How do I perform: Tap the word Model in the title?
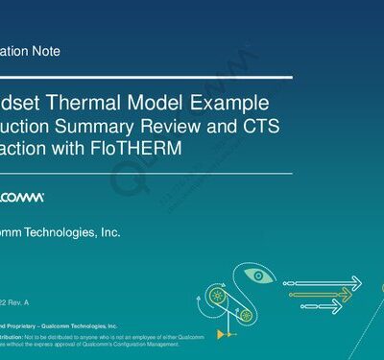[x=169, y=102]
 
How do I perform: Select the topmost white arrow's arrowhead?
[x=356, y=281]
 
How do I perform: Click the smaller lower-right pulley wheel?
[x=246, y=313]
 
